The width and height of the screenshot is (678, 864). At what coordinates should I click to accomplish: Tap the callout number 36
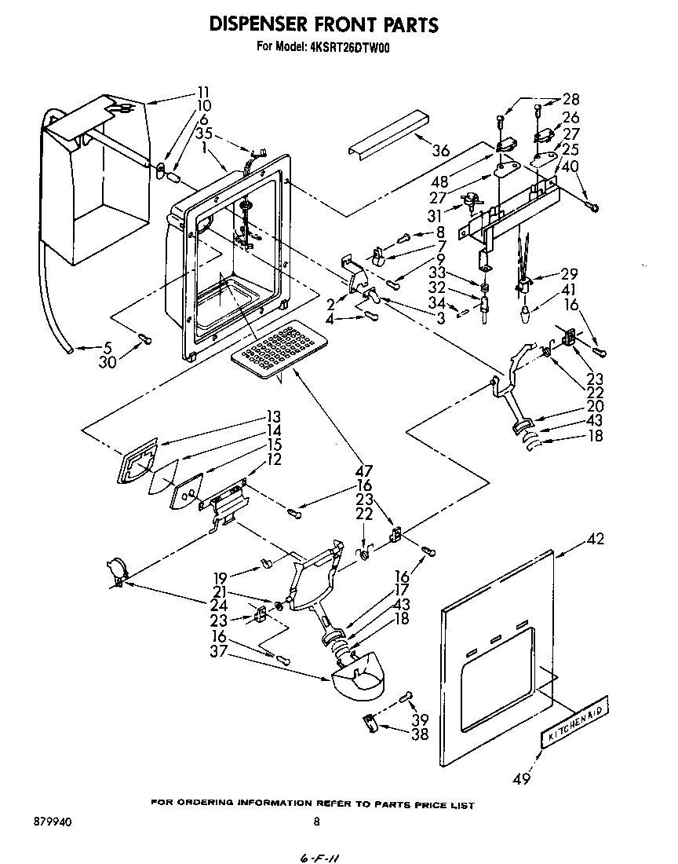pos(442,152)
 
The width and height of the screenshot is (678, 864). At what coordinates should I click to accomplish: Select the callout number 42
pos(596,540)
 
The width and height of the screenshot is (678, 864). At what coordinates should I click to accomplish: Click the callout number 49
pos(521,778)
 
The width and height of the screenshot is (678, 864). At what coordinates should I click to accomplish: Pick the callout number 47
pos(363,470)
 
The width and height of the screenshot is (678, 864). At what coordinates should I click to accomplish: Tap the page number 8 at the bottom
pos(316,822)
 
